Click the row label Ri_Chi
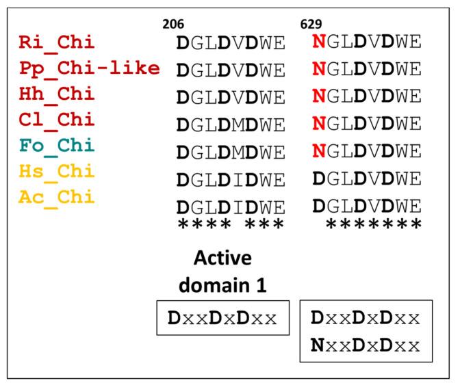click(x=57, y=43)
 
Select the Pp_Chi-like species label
click(x=89, y=69)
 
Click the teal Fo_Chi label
click(x=57, y=146)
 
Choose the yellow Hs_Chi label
click(x=57, y=172)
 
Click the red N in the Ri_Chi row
click(x=318, y=43)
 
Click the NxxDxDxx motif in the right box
click(x=366, y=345)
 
